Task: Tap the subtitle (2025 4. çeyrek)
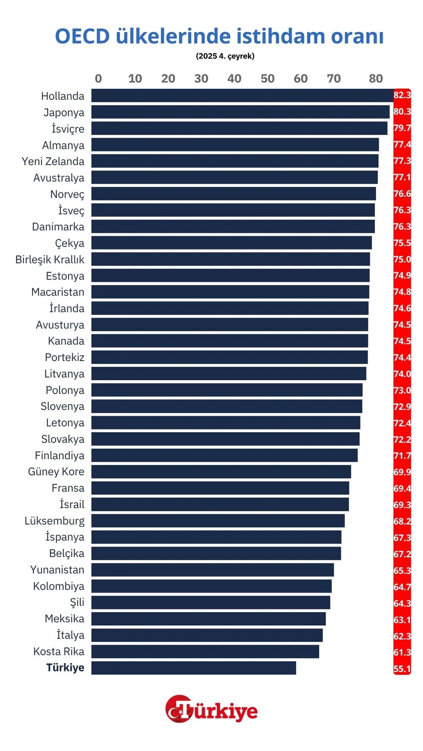pos(225,56)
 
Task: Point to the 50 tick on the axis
pos(267,79)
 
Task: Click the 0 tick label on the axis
pos(98,79)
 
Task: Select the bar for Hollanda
pos(242,95)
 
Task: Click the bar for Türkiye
pos(194,668)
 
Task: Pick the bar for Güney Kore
pos(221,472)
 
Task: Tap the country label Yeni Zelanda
pos(53,161)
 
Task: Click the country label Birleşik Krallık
pos(50,259)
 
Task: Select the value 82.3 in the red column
pos(402,95)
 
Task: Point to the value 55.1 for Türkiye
pos(402,669)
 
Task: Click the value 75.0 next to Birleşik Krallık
pos(402,259)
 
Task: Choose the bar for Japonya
pos(240,112)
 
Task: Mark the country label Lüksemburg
pos(55,521)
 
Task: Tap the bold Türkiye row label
pos(65,667)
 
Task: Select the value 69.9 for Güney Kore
pos(402,472)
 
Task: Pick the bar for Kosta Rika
pos(205,651)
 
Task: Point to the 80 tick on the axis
pos(376,79)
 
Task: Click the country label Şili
pos(77,602)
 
